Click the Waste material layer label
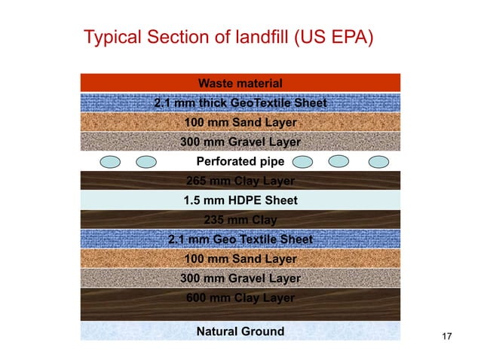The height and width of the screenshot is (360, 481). [x=240, y=83]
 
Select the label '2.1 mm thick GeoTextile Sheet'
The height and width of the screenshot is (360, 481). [x=240, y=103]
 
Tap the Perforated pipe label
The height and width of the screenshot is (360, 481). [x=240, y=161]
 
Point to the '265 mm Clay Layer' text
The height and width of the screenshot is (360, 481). [x=240, y=181]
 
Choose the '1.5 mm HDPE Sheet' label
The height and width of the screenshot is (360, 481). [x=240, y=200]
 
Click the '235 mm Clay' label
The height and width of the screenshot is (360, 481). [x=240, y=220]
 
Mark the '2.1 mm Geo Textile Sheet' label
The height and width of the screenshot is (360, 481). [x=240, y=239]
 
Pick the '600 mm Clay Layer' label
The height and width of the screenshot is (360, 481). [x=240, y=297]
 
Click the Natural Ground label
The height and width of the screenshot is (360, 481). [x=240, y=331]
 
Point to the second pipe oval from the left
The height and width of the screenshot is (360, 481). [x=146, y=161]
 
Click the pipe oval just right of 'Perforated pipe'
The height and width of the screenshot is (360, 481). [x=303, y=161]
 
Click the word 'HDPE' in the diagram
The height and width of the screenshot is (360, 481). [x=242, y=200]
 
